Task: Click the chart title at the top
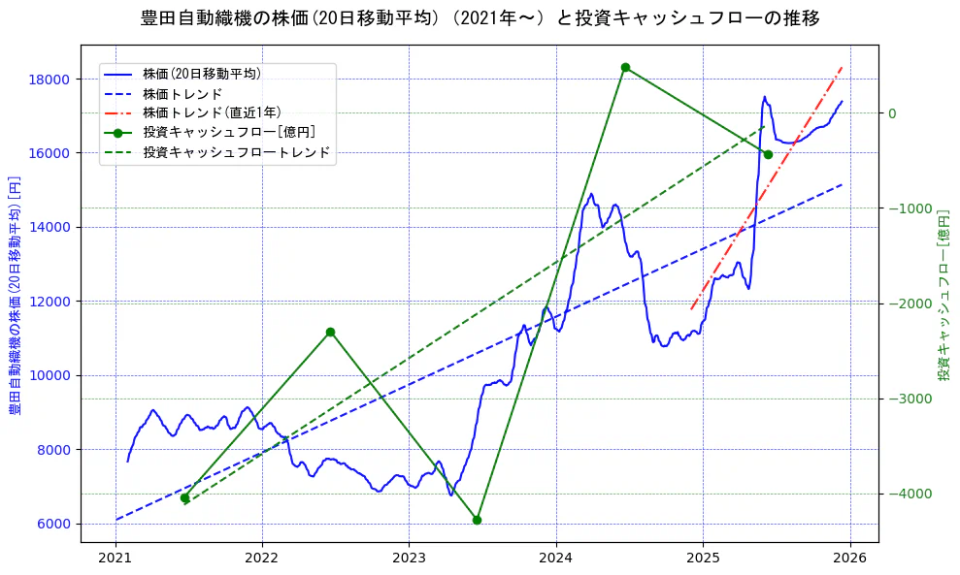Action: [480, 18]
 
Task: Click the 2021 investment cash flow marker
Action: [184, 497]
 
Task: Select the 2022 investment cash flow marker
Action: [330, 332]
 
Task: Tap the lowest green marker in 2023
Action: [477, 520]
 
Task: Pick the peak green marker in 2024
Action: [625, 67]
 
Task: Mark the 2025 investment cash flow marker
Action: [768, 154]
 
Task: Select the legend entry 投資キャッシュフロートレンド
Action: [236, 152]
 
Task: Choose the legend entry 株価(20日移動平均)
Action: [201, 73]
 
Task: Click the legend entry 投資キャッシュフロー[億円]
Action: [228, 132]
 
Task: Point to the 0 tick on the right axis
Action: [892, 113]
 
